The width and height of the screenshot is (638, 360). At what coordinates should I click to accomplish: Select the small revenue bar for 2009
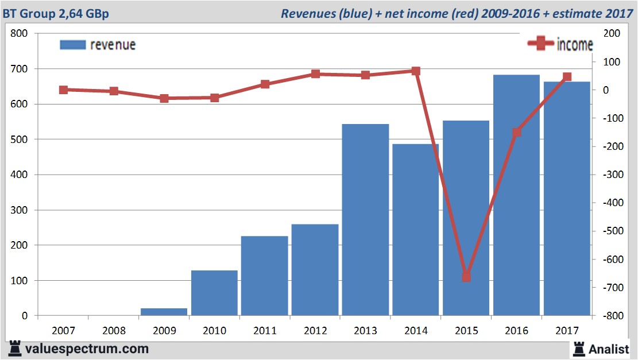pyautogui.click(x=164, y=312)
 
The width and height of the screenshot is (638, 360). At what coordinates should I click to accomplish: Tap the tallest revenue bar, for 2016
pyautogui.click(x=516, y=195)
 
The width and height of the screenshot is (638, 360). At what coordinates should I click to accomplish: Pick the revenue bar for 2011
pyautogui.click(x=265, y=276)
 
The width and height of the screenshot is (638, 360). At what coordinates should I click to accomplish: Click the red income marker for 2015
pyautogui.click(x=466, y=277)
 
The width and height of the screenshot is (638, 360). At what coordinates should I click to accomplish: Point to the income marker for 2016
pyautogui.click(x=517, y=132)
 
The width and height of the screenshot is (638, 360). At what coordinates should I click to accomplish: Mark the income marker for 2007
pyautogui.click(x=63, y=90)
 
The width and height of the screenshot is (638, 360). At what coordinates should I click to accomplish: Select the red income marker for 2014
pyautogui.click(x=416, y=71)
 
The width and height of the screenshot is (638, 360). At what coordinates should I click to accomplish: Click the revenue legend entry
pyautogui.click(x=98, y=45)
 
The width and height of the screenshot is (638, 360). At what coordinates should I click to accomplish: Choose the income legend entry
pyautogui.click(x=560, y=45)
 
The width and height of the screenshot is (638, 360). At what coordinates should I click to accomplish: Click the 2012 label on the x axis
pyautogui.click(x=315, y=331)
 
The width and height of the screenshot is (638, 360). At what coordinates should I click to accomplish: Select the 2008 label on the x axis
pyautogui.click(x=114, y=331)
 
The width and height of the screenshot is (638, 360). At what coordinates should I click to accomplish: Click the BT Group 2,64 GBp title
pyautogui.click(x=55, y=13)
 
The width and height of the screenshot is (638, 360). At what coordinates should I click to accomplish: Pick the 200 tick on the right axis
pyautogui.click(x=610, y=34)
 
